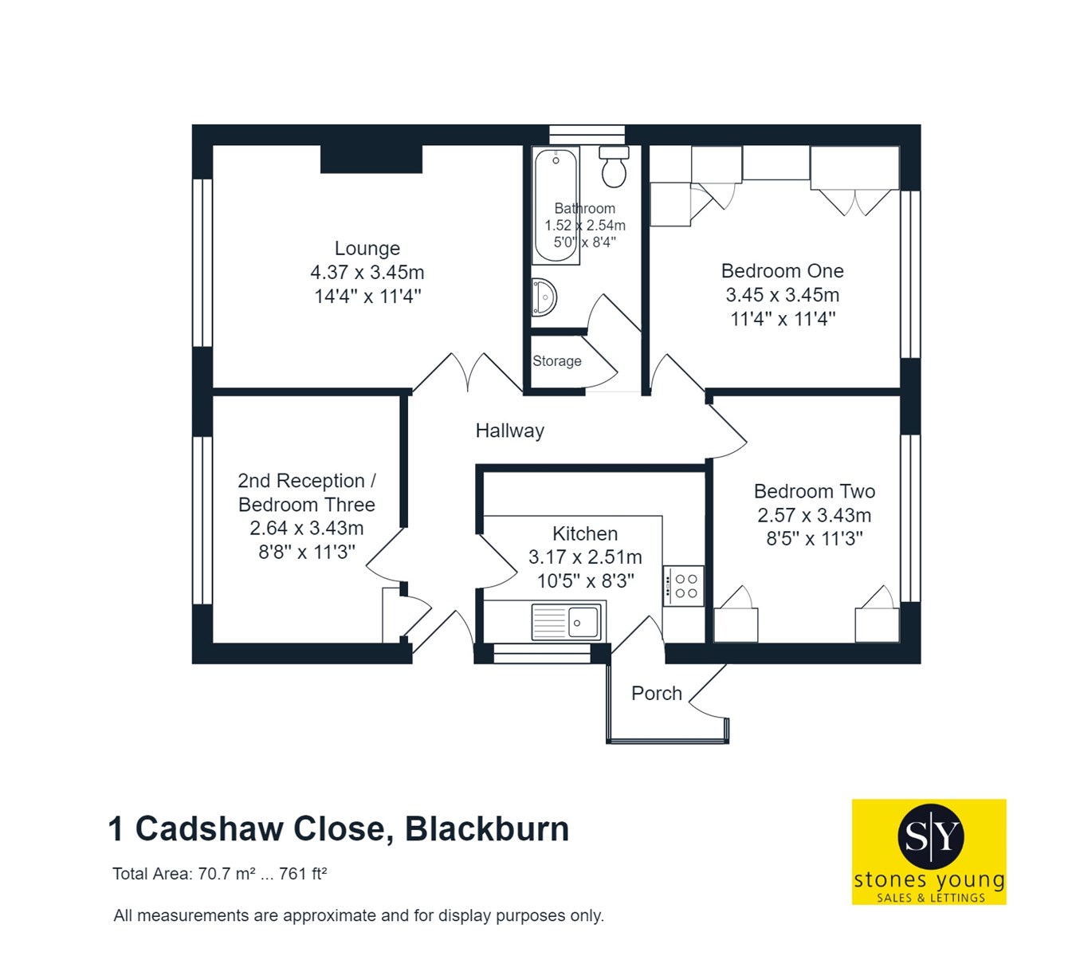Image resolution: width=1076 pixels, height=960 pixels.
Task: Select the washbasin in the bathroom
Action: [544, 297]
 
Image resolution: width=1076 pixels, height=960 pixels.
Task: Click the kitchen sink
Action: [567, 622]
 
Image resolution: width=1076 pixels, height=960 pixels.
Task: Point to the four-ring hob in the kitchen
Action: [683, 586]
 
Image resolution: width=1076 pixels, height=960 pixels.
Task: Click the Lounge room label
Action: [367, 248]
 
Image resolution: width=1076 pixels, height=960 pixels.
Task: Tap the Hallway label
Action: [509, 431]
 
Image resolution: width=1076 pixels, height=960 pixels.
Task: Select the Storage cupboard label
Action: [556, 361]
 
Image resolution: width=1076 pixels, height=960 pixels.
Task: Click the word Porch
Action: [656, 694]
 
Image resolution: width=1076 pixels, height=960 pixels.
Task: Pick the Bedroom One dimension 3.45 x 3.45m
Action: [782, 295]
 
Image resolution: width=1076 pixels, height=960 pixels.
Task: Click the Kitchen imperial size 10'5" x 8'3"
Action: [585, 581]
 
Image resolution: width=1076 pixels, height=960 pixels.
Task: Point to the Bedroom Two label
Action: [814, 491]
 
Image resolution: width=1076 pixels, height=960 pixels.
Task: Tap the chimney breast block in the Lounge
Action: [371, 159]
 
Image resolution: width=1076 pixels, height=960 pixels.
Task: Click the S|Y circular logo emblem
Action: [929, 836]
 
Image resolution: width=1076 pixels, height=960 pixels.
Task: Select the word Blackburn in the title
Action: [487, 829]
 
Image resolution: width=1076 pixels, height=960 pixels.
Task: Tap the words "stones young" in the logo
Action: [929, 880]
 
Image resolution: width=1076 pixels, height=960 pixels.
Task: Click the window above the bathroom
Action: [587, 134]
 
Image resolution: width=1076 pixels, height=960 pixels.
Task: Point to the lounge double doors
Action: [467, 372]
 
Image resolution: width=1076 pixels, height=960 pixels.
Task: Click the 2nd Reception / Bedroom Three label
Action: [306, 493]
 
